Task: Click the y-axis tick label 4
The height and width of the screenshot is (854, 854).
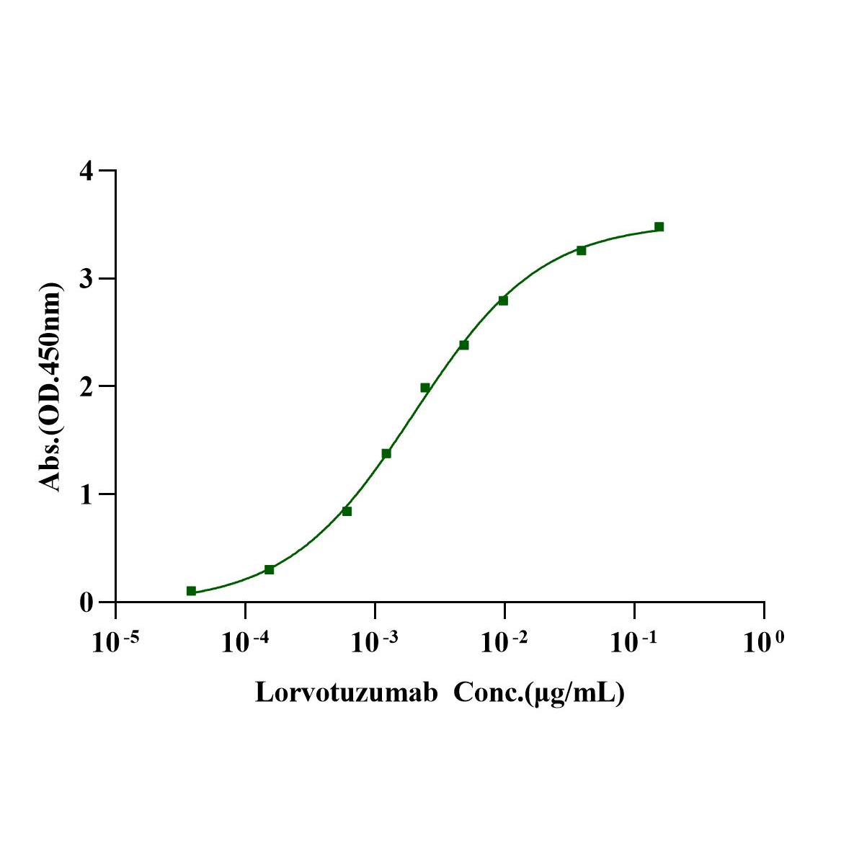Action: [86, 172]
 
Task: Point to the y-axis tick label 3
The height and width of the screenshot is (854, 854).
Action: [86, 279]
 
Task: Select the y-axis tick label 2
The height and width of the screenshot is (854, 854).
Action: [86, 386]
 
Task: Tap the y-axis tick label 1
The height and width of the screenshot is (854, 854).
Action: [86, 494]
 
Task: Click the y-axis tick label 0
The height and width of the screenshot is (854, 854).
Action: [86, 602]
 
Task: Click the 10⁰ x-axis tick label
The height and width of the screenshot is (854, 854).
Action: [762, 641]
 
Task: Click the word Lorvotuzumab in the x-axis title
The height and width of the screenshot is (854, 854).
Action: [347, 693]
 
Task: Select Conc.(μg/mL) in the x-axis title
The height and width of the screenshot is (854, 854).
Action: [538, 693]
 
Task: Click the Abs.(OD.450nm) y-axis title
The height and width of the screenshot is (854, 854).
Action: [50, 387]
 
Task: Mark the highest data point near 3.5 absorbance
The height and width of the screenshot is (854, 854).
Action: [659, 227]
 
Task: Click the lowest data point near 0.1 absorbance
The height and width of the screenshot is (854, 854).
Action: [191, 591]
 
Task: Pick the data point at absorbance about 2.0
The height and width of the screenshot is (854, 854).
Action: [425, 388]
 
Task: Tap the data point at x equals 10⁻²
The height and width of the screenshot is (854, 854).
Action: [503, 301]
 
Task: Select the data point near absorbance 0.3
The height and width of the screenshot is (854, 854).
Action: [269, 569]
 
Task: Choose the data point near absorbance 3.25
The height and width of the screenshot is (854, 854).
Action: [581, 250]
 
